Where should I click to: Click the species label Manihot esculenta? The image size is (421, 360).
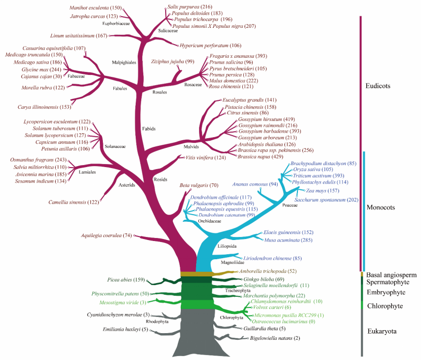89,8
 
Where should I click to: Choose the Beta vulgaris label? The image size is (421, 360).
194,185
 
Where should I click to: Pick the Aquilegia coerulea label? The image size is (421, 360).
101,235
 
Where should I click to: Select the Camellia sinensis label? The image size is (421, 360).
67,203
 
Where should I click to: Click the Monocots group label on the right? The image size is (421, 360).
380,208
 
